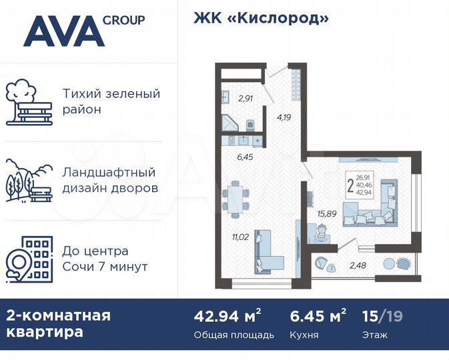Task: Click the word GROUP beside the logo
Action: point(124,19)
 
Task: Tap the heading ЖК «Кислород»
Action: point(261,18)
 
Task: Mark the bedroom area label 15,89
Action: point(326,214)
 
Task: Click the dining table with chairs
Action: point(236,198)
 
